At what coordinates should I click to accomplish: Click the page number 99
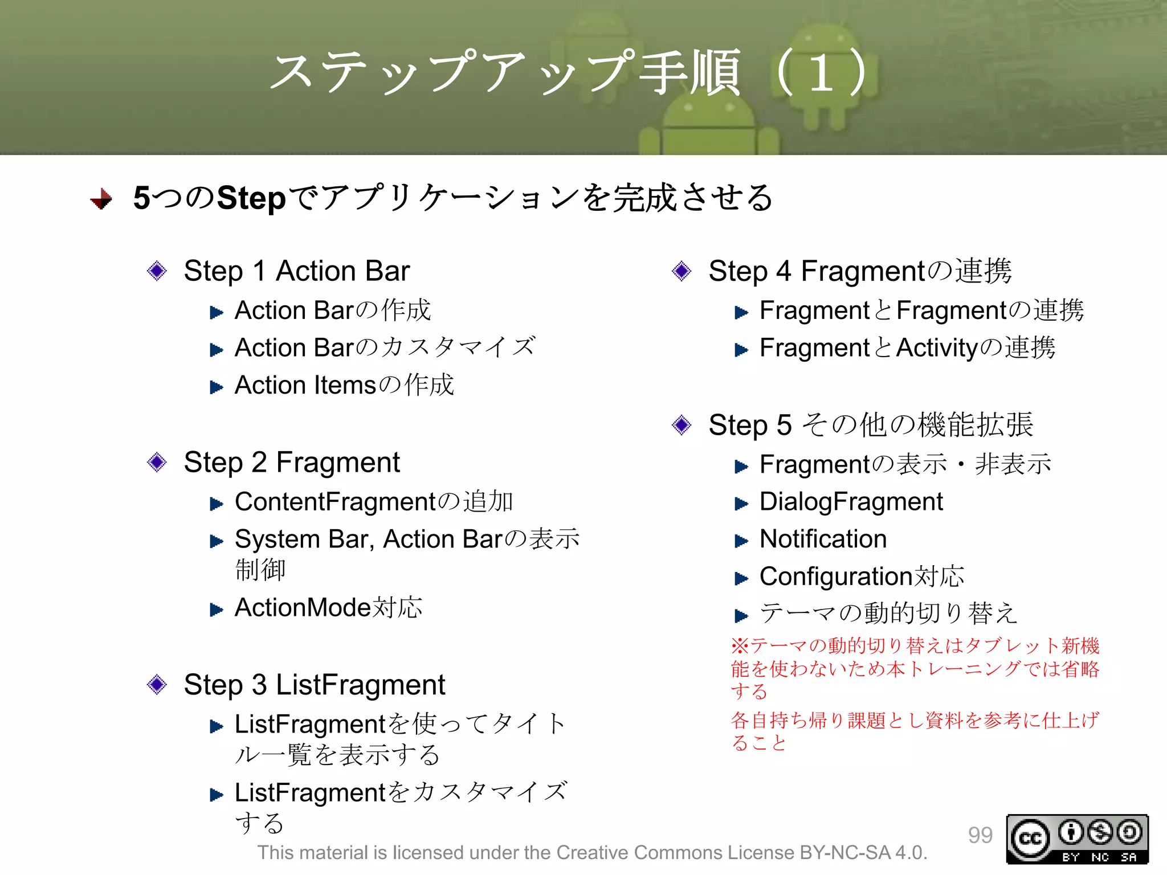pyautogui.click(x=980, y=835)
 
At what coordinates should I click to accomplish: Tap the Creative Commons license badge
pyautogui.click(x=1077, y=839)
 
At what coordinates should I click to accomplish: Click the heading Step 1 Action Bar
pyautogui.click(x=296, y=271)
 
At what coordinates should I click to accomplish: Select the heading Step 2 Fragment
pyautogui.click(x=291, y=462)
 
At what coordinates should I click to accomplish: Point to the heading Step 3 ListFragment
pyautogui.click(x=314, y=684)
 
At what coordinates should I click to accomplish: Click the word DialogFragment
pyautogui.click(x=851, y=502)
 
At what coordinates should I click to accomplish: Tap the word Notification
pyautogui.click(x=823, y=539)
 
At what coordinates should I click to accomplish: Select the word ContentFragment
pyautogui.click(x=335, y=502)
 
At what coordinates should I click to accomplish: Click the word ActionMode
pyautogui.click(x=303, y=608)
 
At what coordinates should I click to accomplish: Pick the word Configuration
pyautogui.click(x=837, y=576)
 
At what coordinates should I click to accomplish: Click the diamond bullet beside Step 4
pyautogui.click(x=682, y=271)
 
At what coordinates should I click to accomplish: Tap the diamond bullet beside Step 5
pyautogui.click(x=682, y=424)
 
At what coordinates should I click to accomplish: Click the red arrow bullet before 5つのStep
pyautogui.click(x=101, y=199)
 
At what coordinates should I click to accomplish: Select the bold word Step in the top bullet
pyautogui.click(x=251, y=198)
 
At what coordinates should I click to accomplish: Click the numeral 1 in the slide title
pyautogui.click(x=821, y=73)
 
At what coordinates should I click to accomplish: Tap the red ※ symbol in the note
pyautogui.click(x=740, y=645)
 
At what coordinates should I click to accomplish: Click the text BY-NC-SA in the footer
pyautogui.click(x=844, y=853)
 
